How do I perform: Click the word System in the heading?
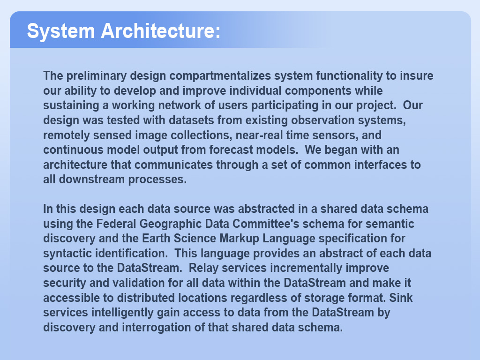(x=61, y=31)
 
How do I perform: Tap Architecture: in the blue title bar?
(x=161, y=30)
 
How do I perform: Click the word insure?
(x=417, y=75)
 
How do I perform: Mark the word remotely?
(x=67, y=135)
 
